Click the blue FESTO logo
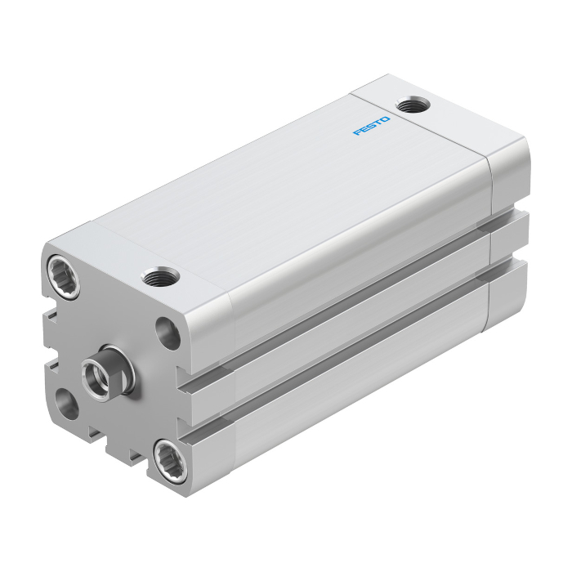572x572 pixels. coord(371,126)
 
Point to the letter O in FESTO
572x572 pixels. coord(385,119)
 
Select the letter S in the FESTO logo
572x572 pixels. coord(371,126)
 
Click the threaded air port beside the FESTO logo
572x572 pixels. coord(413,105)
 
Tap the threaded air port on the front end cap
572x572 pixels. coord(160,276)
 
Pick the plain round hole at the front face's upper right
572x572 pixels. coord(168,333)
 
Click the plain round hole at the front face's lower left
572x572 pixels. coord(67,404)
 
